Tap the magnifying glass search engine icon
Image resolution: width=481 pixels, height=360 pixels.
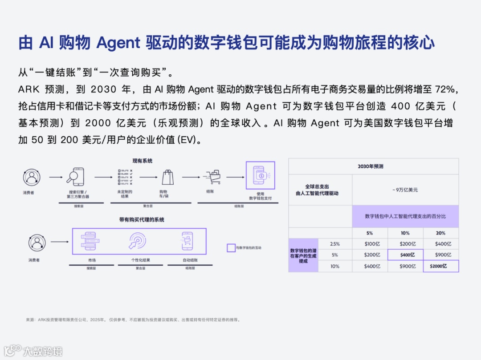point(77,177)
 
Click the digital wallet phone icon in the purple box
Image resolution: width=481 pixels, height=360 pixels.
point(261,175)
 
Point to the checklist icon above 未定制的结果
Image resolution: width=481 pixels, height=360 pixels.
point(125,177)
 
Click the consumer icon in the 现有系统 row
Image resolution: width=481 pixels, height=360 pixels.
point(31,177)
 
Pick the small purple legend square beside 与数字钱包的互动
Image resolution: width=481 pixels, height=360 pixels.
point(231,248)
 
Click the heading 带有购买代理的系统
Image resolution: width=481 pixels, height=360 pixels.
point(142,220)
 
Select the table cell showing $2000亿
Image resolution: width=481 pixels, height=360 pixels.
point(440,266)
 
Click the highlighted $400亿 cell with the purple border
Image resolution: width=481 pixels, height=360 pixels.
point(405,255)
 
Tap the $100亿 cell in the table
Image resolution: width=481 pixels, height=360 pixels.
point(370,244)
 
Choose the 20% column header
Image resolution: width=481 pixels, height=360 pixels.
point(440,233)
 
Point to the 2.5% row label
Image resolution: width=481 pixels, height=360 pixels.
point(334,244)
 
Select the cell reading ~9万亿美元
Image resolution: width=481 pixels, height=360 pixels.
point(405,190)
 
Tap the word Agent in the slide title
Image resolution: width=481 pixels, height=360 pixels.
point(118,43)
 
